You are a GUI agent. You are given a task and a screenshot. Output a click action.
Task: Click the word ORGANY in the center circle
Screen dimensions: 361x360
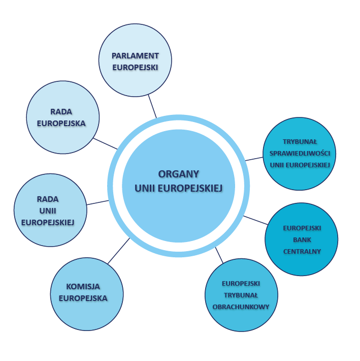click(x=178, y=173)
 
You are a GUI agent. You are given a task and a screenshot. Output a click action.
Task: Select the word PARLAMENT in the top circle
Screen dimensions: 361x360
click(x=135, y=55)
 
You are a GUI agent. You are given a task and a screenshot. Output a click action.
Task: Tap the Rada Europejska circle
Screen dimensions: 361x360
click(x=62, y=117)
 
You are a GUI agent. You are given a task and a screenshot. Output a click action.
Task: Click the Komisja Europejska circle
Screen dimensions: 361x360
click(x=87, y=293)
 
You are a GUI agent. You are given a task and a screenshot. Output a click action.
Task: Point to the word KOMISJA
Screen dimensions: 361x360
click(x=83, y=287)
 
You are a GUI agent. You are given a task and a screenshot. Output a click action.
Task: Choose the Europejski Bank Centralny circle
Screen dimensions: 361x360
click(x=302, y=239)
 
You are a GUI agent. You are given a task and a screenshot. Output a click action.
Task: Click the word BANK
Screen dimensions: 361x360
click(x=302, y=239)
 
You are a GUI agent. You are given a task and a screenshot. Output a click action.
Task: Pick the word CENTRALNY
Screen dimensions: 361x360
click(x=302, y=251)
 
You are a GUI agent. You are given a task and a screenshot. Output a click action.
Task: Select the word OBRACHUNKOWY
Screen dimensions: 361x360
click(x=241, y=307)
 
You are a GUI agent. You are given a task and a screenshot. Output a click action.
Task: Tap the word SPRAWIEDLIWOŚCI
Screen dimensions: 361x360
click(x=300, y=153)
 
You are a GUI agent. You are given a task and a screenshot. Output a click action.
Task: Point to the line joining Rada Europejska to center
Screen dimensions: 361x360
click(x=105, y=143)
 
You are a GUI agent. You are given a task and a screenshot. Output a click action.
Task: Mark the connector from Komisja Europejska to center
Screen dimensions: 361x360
click(x=119, y=251)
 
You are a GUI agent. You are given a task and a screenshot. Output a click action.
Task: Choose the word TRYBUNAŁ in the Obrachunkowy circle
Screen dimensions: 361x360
click(x=241, y=295)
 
